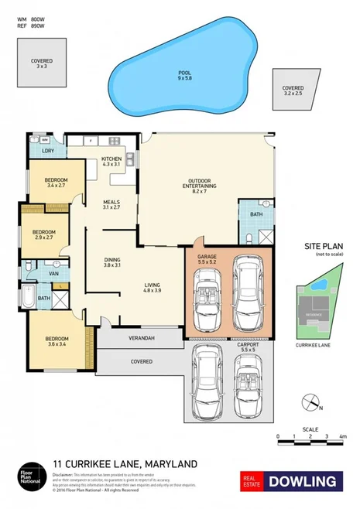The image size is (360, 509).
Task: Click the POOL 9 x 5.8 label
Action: point(184,75)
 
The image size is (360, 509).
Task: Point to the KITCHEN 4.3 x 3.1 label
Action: point(111,162)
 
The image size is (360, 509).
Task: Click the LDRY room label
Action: point(48,151)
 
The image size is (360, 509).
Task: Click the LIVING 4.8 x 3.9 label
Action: point(153,289)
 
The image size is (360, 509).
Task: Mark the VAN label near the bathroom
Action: point(55,274)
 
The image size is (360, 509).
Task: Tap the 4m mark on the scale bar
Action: point(341,436)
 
